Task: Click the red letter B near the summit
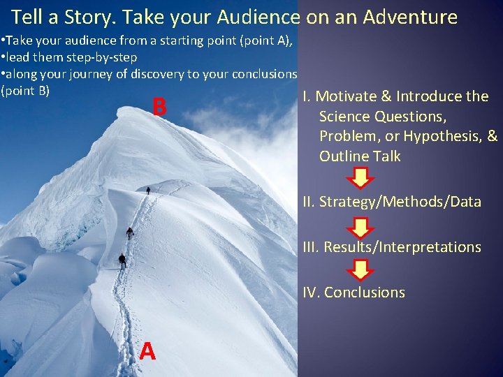point(159,108)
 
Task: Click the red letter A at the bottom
point(147,351)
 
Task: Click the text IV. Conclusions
point(353,293)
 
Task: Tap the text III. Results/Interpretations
point(391,247)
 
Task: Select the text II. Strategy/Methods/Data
point(391,202)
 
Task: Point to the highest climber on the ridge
point(148,190)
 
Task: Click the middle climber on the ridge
point(129,232)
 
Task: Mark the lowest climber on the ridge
point(122,260)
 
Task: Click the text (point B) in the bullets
point(25,90)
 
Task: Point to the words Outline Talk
point(360,156)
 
